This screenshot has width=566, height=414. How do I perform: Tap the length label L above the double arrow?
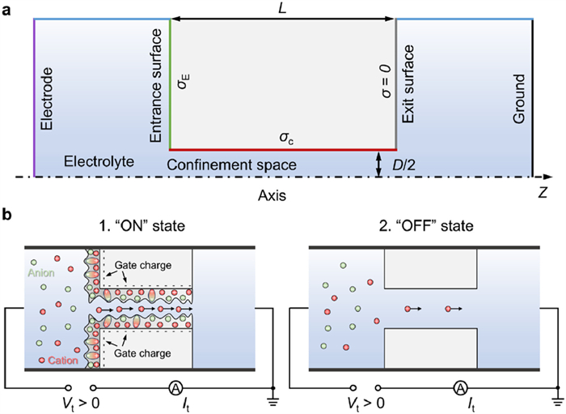[x=282, y=7]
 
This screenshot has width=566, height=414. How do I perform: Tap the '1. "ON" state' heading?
[x=140, y=226]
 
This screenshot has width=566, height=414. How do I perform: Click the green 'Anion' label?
[x=41, y=274]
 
